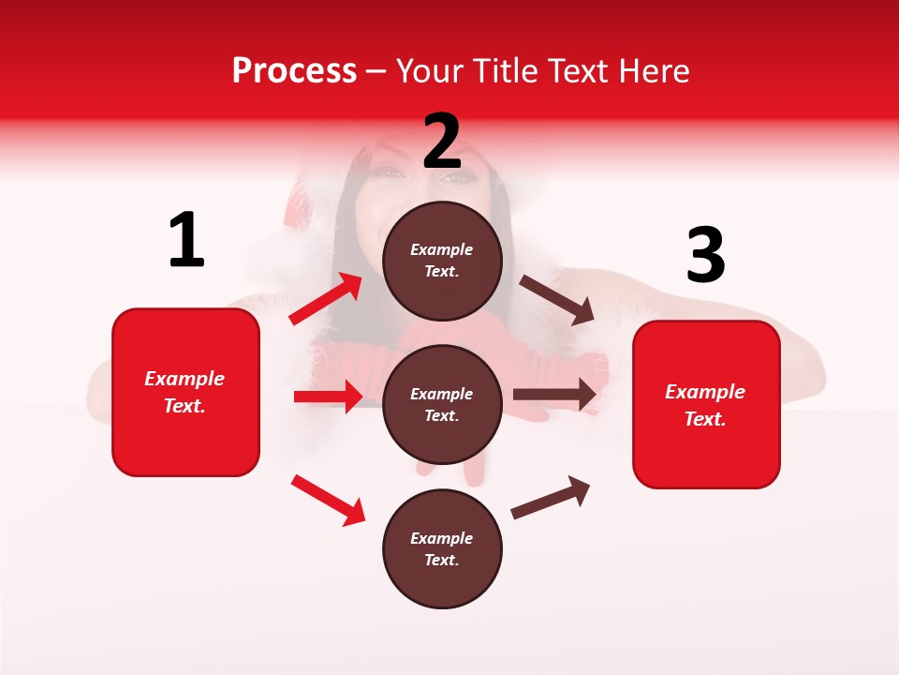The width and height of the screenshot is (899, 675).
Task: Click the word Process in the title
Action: click(x=294, y=71)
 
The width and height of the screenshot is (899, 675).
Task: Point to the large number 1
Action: click(x=186, y=241)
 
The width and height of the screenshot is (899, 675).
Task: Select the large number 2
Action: click(x=442, y=141)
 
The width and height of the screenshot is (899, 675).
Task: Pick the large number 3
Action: click(x=705, y=256)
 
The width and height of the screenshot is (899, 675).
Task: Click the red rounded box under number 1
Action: click(x=185, y=392)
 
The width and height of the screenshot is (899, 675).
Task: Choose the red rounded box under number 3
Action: click(x=706, y=405)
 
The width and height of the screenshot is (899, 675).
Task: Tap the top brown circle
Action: click(x=442, y=261)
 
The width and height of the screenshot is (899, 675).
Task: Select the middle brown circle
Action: click(x=442, y=404)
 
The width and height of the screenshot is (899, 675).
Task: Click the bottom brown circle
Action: click(x=442, y=548)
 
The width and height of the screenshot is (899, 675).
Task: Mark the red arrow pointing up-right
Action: click(x=326, y=299)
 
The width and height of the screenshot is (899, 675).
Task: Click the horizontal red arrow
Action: click(x=328, y=397)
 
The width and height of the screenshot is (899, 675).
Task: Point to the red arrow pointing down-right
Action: click(x=328, y=500)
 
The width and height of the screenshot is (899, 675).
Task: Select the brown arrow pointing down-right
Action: click(x=557, y=300)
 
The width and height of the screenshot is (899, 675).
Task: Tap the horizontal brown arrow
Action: click(x=554, y=395)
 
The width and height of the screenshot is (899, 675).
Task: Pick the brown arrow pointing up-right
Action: click(x=551, y=497)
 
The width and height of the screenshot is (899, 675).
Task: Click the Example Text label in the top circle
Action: click(x=442, y=261)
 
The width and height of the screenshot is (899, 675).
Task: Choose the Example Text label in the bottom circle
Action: click(x=442, y=549)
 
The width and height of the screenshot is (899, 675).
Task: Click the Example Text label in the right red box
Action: click(x=705, y=405)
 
